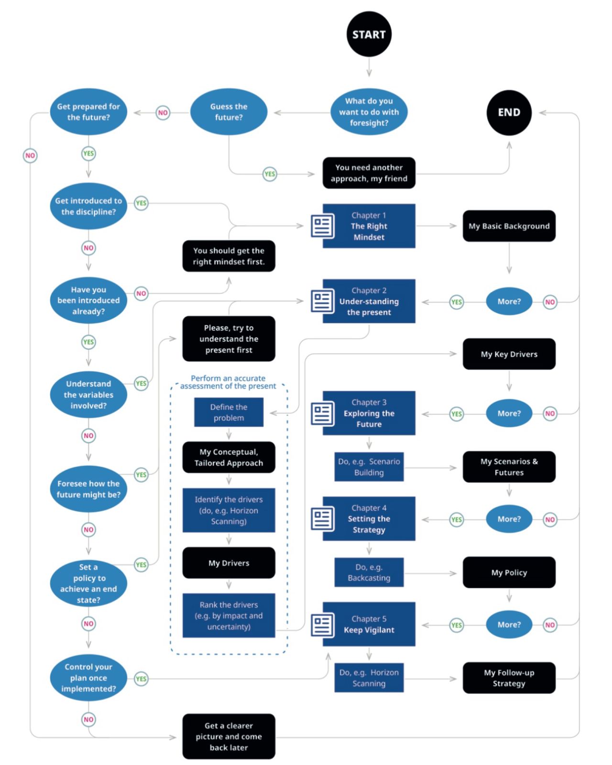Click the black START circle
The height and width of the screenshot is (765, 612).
tap(369, 34)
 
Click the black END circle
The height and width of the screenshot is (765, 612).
tap(509, 112)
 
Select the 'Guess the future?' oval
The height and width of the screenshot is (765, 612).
tap(229, 112)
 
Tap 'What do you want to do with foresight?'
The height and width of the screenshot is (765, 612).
tap(369, 112)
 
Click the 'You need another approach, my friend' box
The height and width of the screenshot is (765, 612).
tap(369, 173)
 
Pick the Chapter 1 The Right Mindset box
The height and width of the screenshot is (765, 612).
tap(369, 226)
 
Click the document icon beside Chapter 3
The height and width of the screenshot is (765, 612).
tap(322, 414)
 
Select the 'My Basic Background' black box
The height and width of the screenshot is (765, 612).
tap(509, 226)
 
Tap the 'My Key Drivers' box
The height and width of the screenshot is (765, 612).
tap(509, 354)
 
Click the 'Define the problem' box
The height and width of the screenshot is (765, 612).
tap(229, 412)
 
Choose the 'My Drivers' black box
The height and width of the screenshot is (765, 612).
tap(229, 563)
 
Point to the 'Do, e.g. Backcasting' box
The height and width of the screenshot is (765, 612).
tap(369, 572)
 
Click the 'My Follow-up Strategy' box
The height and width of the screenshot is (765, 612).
tap(509, 678)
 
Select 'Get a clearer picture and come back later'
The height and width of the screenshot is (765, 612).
tap(229, 736)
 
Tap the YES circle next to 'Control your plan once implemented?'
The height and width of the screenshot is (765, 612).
tap(141, 679)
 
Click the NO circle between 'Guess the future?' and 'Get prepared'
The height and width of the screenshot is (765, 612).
tap(163, 113)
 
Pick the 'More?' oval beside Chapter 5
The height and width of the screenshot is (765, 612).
tap(509, 625)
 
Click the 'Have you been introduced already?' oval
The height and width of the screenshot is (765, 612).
tap(88, 301)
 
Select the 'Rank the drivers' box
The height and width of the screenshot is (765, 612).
tap(229, 615)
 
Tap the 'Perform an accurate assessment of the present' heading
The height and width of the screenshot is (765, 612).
tap(228, 382)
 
